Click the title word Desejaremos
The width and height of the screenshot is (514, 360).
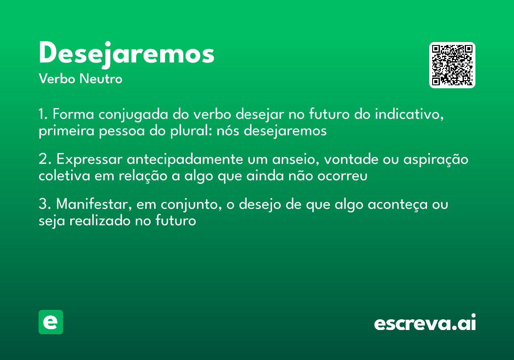pos(126,54)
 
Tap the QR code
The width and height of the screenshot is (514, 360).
pos(452,65)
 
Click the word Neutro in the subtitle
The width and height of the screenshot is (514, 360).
pos(101,79)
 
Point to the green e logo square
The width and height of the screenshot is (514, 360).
pos(51,322)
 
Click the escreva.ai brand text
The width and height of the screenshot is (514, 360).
pos(425,323)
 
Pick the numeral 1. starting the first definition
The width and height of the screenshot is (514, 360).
pos(43,115)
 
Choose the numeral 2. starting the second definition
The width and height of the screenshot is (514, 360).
pos(45,159)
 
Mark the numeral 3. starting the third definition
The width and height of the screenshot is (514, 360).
pos(45,204)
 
